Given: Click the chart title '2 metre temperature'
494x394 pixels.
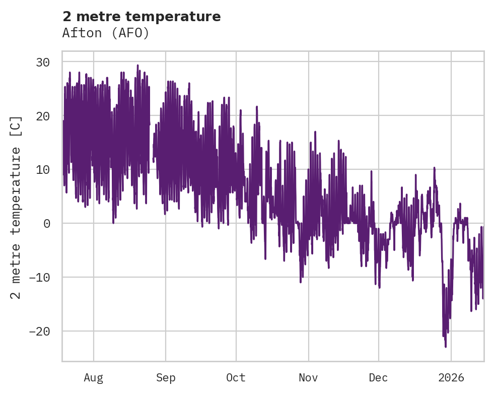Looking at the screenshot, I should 142,17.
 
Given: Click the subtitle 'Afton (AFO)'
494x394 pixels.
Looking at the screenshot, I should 106,33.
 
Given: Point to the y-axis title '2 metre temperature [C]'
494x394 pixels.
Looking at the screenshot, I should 16,207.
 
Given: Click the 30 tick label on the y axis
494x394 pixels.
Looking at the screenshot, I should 43,62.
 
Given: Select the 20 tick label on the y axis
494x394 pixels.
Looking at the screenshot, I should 43,116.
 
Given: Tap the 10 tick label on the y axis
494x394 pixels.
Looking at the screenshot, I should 43,170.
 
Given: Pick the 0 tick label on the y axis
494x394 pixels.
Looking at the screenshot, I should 46,223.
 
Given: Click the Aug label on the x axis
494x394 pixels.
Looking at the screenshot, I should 93,378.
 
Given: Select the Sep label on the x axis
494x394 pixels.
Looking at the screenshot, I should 165,378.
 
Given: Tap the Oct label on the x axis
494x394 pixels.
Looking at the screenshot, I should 236,378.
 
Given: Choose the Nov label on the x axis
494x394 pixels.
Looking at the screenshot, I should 308,378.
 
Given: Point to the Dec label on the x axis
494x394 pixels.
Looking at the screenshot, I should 378,378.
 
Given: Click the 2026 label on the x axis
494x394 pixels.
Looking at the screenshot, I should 451,378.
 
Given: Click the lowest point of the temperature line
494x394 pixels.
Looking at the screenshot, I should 446,347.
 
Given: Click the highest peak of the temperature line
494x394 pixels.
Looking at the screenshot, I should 137,65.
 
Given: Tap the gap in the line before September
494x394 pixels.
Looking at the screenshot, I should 151,151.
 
